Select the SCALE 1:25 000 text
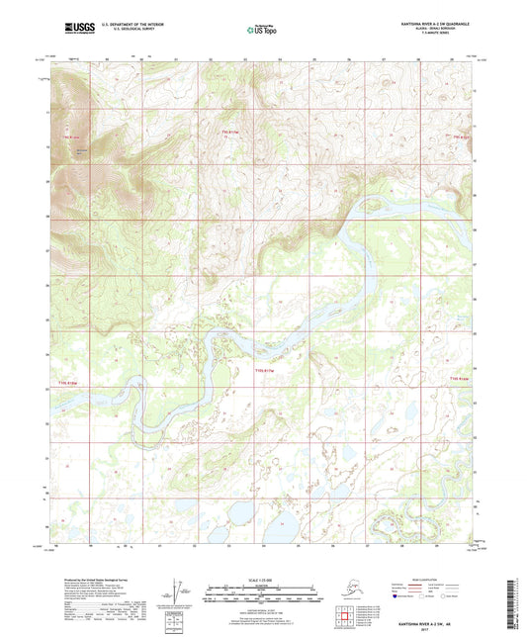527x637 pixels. (263, 579)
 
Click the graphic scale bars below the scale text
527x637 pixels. (263, 590)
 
